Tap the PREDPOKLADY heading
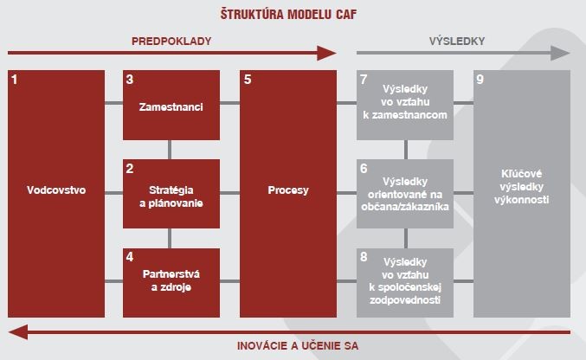pyautogui.click(x=171, y=41)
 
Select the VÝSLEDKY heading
pyautogui.click(x=457, y=41)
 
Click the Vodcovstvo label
pyautogui.click(x=56, y=190)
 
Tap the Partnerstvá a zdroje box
pyautogui.click(x=171, y=281)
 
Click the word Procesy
pyautogui.click(x=287, y=190)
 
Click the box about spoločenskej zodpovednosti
pyautogui.click(x=406, y=281)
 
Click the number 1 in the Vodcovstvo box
pyautogui.click(x=15, y=80)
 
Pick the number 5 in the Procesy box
pyautogui.click(x=248, y=80)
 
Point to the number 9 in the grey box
pyautogui.click(x=480, y=80)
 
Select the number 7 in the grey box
pyautogui.click(x=364, y=80)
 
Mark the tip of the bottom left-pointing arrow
pyautogui.click(x=10, y=331)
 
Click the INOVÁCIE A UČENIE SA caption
pyautogui.click(x=297, y=346)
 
